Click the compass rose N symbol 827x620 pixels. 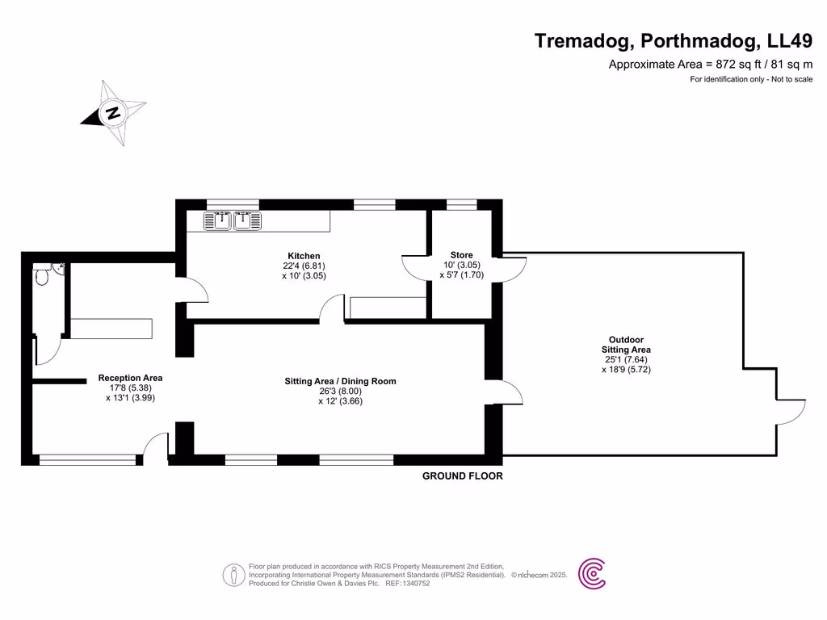click(x=114, y=113)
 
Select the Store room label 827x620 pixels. click(x=461, y=255)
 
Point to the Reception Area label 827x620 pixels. click(x=130, y=378)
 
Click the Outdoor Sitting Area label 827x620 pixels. click(x=626, y=345)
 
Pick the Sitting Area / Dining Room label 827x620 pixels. click(x=340, y=381)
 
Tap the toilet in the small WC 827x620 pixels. click(x=43, y=278)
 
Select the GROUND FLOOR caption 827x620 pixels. click(x=462, y=476)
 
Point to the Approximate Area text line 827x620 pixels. click(x=710, y=65)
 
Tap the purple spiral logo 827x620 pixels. click(x=593, y=574)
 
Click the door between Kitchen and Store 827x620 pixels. click(x=416, y=266)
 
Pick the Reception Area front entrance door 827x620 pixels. click(x=156, y=448)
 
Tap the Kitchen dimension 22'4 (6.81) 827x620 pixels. click(x=303, y=266)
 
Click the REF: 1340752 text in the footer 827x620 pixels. click(x=407, y=583)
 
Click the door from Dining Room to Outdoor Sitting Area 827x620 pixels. click(x=511, y=392)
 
